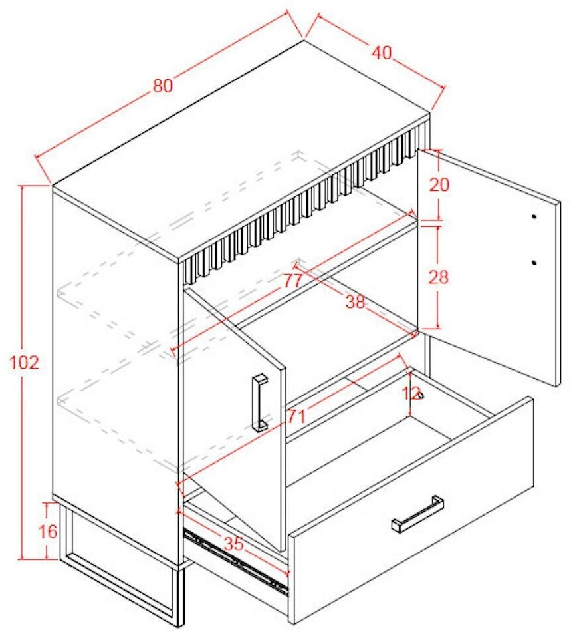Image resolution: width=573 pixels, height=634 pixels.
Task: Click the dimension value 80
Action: coord(163,86)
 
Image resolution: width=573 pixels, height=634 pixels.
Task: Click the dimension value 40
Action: coord(382,53)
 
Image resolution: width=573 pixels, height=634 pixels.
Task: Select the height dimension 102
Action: coord(24,363)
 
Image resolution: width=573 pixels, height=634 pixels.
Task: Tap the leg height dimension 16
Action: coord(48,531)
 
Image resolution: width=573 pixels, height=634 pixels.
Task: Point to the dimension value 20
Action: coord(439,185)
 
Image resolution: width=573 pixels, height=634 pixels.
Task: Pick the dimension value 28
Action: coord(439,277)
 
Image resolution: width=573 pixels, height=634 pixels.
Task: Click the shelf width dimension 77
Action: coord(292,281)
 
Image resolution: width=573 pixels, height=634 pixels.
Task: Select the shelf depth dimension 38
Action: coord(355,301)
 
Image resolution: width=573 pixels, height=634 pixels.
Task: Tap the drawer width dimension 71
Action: coord(296,416)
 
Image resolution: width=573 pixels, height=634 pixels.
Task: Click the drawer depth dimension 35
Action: coord(234,544)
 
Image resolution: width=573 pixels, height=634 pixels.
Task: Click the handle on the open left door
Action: coord(260,402)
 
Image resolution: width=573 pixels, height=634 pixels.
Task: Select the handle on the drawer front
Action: coord(417,514)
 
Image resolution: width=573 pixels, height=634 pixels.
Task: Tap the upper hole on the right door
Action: coord(534,217)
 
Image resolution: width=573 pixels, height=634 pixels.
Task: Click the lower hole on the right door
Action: coord(534,263)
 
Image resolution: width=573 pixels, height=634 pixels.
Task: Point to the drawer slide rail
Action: coord(237,559)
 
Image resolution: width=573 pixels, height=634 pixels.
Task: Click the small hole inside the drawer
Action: coord(420,395)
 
